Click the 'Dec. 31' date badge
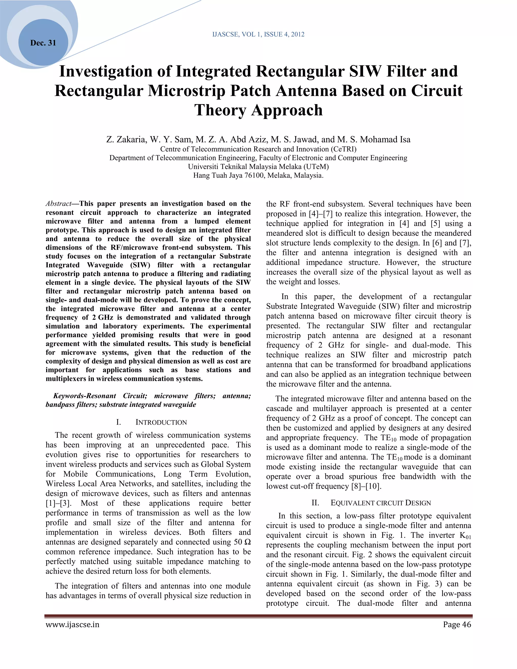pos(43,43)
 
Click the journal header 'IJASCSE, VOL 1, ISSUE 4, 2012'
pos(258,34)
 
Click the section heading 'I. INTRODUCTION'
pos(151,422)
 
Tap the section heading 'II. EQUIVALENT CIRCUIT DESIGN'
pos(371,503)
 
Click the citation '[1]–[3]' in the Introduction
pos(59,503)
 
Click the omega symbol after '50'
pos(247,542)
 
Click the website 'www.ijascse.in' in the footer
pos(73,625)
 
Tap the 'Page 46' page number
pos(457,625)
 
